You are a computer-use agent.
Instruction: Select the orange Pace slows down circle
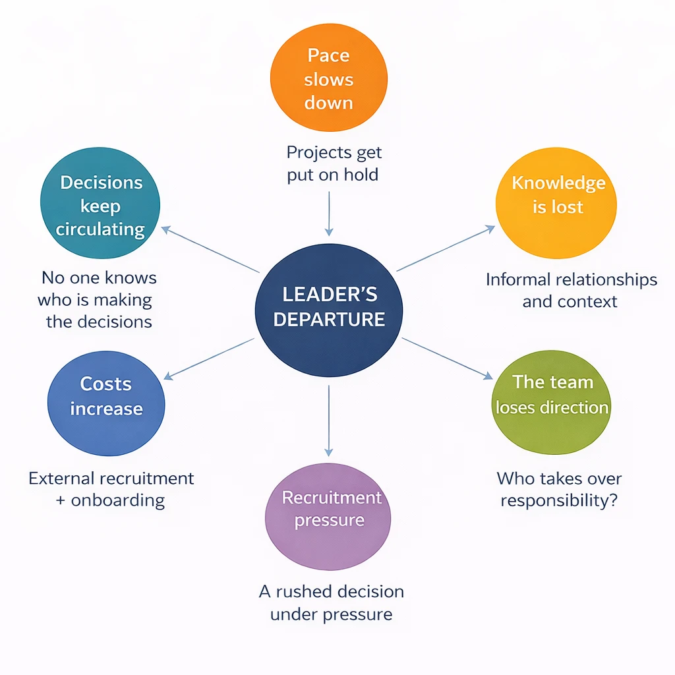pyautogui.click(x=328, y=79)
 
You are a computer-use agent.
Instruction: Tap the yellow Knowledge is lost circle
pyautogui.click(x=556, y=195)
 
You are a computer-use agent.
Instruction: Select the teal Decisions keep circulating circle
pyautogui.click(x=101, y=206)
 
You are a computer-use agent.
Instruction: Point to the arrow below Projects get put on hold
pyautogui.click(x=328, y=214)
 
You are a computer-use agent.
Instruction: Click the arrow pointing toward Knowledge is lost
pyautogui.click(x=445, y=248)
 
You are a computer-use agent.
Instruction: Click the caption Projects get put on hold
pyautogui.click(x=334, y=164)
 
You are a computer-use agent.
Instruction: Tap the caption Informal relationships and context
pyautogui.click(x=571, y=291)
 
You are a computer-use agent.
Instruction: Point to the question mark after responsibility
pyautogui.click(x=612, y=500)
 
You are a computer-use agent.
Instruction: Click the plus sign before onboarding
pyautogui.click(x=61, y=500)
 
